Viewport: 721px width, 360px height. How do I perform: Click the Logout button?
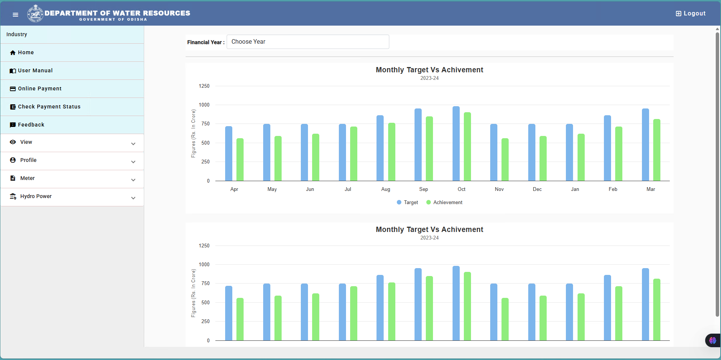coord(691,14)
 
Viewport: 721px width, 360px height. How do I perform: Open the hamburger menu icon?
coord(15,15)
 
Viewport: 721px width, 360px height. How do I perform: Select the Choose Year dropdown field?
coord(308,42)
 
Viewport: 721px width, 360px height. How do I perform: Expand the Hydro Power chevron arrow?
coord(133,198)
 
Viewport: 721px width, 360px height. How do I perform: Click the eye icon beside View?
coord(13,142)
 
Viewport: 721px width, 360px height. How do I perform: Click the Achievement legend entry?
coord(444,202)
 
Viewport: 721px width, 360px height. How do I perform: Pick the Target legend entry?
coord(407,202)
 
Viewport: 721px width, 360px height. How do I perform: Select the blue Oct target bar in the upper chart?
coord(456,143)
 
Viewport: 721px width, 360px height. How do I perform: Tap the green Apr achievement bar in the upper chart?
coord(240,160)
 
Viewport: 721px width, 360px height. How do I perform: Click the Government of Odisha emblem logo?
coord(35,14)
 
